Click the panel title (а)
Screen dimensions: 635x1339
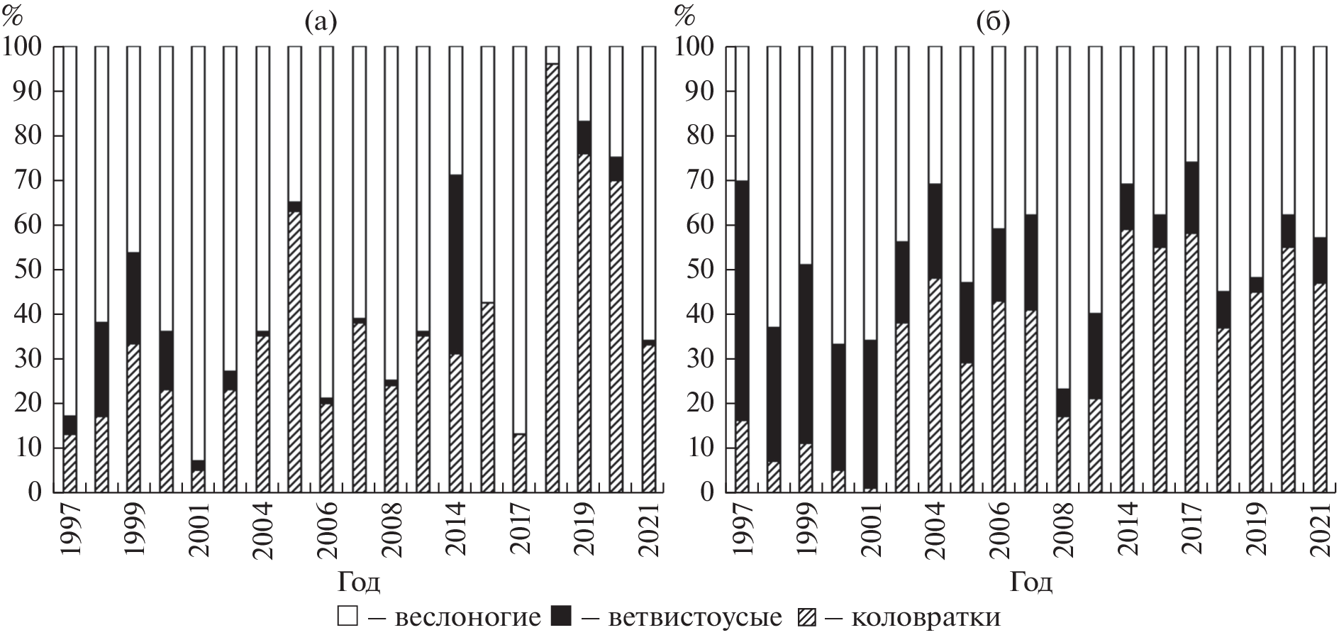(x=320, y=24)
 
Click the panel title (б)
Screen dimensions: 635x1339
(x=993, y=24)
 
